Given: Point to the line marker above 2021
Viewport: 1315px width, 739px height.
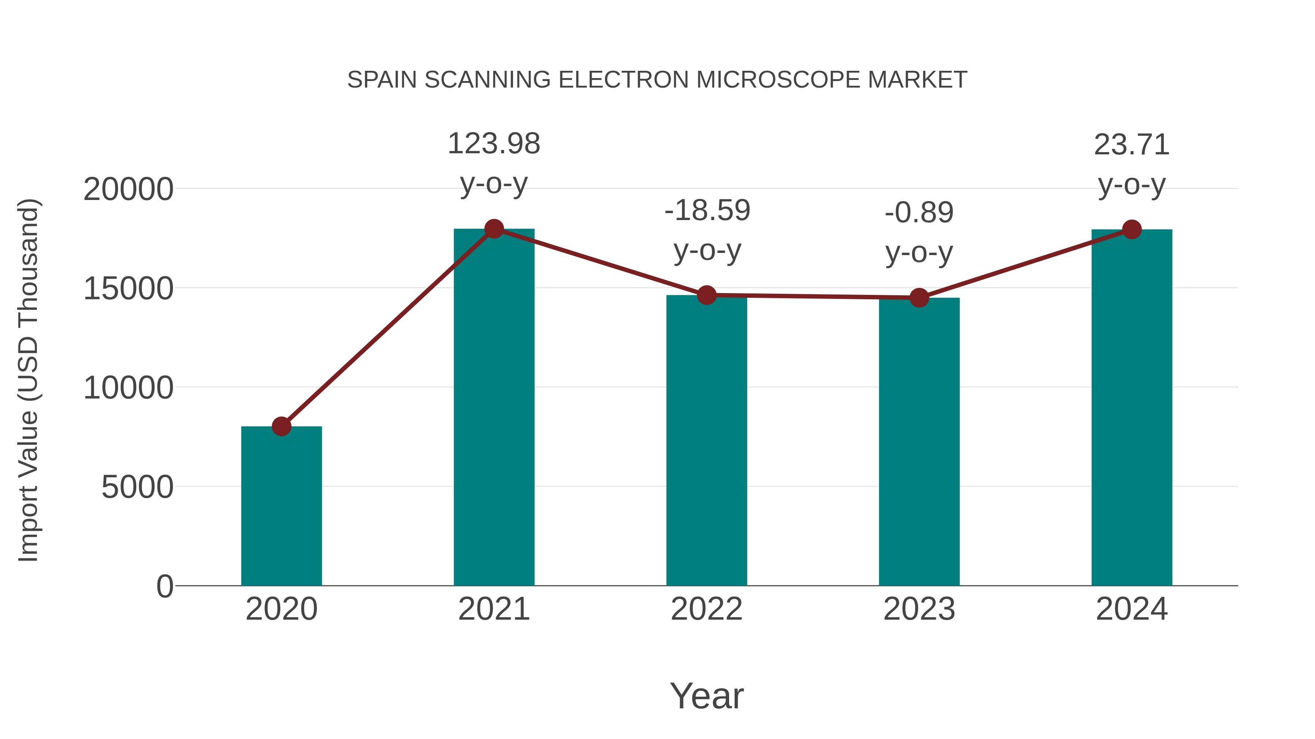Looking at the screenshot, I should tap(493, 228).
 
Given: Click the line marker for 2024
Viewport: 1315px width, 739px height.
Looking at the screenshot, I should tap(1132, 230).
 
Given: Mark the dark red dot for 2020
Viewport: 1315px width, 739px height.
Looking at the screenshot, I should tap(281, 426).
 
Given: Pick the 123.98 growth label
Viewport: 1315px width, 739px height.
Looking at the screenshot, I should tap(493, 144).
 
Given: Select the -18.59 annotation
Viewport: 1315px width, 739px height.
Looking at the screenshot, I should tap(707, 211).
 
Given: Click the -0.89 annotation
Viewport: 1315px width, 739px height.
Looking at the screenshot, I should tap(919, 213).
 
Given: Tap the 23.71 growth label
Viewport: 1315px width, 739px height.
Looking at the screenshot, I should tap(1132, 145).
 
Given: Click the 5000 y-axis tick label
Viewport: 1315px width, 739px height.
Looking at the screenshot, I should tap(137, 487).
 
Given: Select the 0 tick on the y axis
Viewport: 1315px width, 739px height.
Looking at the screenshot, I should tap(165, 586).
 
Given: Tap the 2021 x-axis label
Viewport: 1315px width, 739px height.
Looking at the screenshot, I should tap(493, 609).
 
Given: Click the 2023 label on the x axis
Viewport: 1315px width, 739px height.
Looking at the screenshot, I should tap(919, 609).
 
